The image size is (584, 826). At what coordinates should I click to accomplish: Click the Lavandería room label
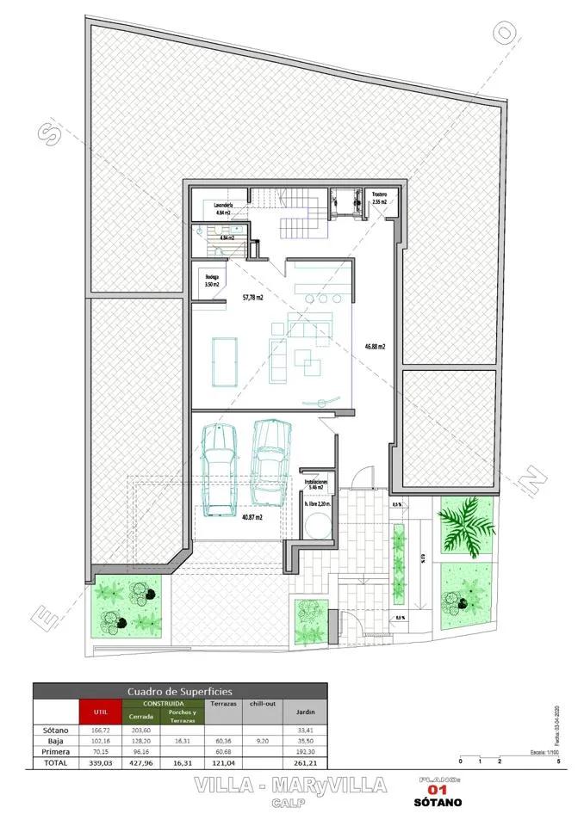[227, 205]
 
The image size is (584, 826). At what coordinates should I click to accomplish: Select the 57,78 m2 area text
[252, 298]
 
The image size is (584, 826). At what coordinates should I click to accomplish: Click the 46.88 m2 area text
[375, 347]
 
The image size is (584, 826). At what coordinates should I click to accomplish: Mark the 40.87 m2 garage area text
[252, 517]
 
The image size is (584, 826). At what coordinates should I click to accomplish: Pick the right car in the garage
[271, 461]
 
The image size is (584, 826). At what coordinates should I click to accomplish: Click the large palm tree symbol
[465, 524]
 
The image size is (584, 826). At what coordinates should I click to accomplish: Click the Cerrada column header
[140, 717]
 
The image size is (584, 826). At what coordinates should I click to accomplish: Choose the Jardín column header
[304, 712]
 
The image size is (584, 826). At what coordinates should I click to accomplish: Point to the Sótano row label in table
[54, 730]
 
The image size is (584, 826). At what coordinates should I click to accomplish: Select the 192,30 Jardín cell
[304, 751]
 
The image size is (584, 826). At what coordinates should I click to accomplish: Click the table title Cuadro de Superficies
[180, 691]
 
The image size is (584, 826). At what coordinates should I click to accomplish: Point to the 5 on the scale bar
[559, 762]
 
